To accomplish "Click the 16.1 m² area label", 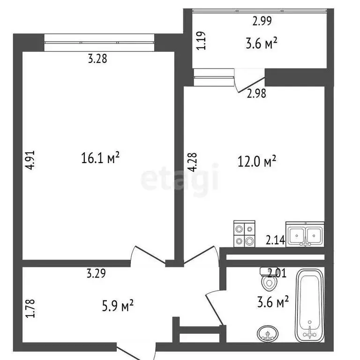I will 101,159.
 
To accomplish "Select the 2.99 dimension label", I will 262,21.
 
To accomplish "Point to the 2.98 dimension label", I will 256,94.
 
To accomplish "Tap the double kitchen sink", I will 305,234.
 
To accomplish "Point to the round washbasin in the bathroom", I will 267,334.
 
